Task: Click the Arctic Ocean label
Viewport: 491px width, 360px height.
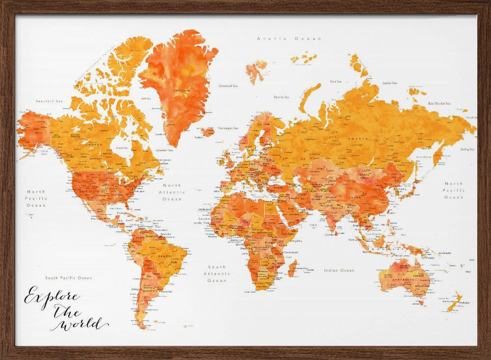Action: (289, 38)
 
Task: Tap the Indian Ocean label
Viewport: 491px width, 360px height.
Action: (339, 271)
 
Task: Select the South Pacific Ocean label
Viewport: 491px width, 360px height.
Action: (69, 278)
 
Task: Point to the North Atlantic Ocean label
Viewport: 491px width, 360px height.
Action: (172, 193)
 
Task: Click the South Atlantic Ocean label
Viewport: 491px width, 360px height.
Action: (217, 274)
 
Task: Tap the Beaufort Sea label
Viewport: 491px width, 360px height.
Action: (50, 101)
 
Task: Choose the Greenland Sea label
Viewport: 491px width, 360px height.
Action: (228, 85)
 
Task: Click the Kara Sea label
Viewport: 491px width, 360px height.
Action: (336, 82)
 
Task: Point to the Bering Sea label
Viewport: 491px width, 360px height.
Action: (467, 149)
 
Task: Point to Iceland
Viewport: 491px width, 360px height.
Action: (208, 132)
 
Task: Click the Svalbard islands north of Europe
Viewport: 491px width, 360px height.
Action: (256, 70)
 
